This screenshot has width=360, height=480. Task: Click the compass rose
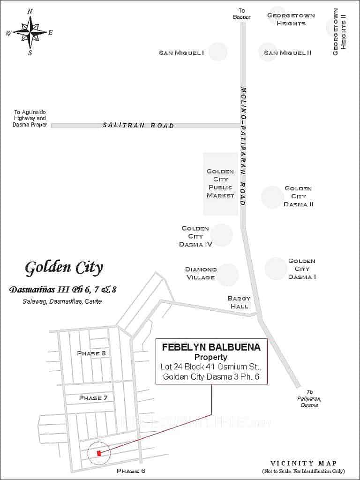tap(30, 32)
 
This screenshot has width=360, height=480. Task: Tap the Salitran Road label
tap(138, 126)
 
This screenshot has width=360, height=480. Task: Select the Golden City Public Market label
tap(220, 183)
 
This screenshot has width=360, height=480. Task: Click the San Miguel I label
tap(181, 53)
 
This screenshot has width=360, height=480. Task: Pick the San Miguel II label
tap(287, 53)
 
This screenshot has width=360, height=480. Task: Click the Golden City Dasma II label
tap(298, 196)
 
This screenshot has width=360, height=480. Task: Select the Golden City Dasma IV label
tap(195, 236)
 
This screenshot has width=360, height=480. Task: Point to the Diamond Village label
tap(201, 273)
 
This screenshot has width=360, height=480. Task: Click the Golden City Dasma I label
tap(301, 269)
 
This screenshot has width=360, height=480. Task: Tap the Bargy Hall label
tap(239, 302)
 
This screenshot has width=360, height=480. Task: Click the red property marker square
tap(99, 453)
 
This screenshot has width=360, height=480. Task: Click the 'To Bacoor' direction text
tap(242, 14)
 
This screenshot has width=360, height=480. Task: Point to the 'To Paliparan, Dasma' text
tap(309, 398)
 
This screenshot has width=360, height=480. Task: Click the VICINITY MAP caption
tap(303, 463)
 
